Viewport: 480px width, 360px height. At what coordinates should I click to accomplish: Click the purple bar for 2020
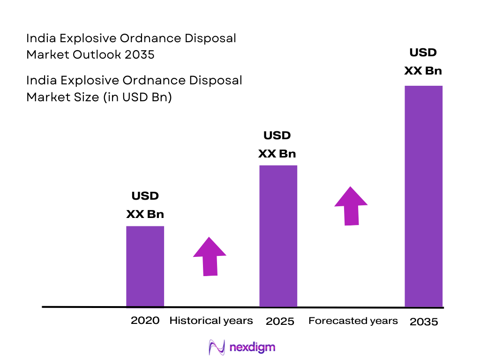pyautogui.click(x=145, y=266)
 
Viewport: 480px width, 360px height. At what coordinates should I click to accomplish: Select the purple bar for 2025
pyautogui.click(x=278, y=236)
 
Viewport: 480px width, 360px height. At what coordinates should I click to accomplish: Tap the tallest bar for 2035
pyautogui.click(x=423, y=196)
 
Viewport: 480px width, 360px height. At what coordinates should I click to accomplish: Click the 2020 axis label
pyautogui.click(x=145, y=321)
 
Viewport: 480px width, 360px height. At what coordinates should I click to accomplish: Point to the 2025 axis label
pyautogui.click(x=280, y=322)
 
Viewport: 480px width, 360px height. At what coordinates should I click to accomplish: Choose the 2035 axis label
pyautogui.click(x=423, y=322)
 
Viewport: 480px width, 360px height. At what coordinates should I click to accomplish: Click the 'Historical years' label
pyautogui.click(x=211, y=321)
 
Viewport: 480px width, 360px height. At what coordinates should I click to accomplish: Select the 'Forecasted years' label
pyautogui.click(x=353, y=321)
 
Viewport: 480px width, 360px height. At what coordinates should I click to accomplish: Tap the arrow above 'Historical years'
pyautogui.click(x=210, y=256)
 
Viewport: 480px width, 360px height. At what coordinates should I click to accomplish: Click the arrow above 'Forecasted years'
pyautogui.click(x=351, y=206)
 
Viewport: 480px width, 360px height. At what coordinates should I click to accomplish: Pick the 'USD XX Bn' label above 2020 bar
pyautogui.click(x=145, y=205)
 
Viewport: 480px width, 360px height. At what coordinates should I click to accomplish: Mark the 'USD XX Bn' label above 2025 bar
pyautogui.click(x=277, y=145)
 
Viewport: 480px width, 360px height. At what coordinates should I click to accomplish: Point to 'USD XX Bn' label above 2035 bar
pyautogui.click(x=423, y=61)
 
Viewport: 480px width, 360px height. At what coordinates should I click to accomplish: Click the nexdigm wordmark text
pyautogui.click(x=253, y=347)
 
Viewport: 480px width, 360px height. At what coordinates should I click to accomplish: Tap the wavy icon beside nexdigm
pyautogui.click(x=217, y=347)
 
